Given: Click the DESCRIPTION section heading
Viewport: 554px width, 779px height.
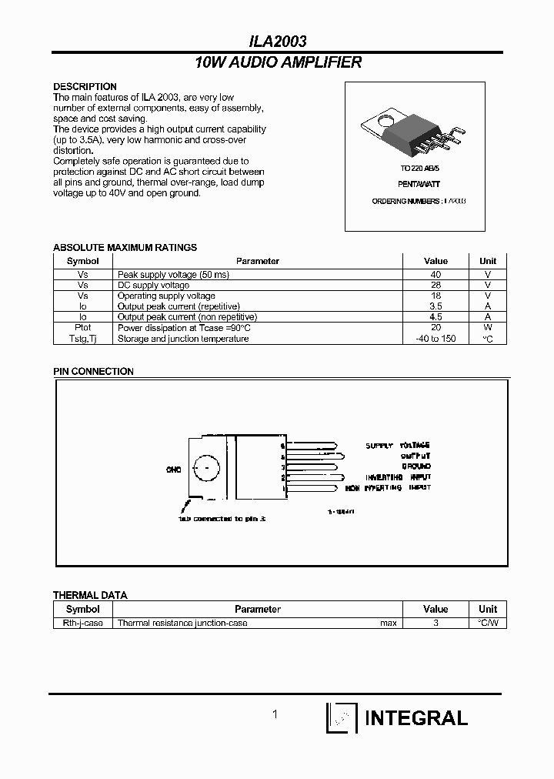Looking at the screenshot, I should pyautogui.click(x=85, y=87).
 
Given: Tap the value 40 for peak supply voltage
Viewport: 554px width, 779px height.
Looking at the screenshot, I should pyautogui.click(x=436, y=275).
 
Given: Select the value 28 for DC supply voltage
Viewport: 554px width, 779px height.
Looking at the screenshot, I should pyautogui.click(x=436, y=286).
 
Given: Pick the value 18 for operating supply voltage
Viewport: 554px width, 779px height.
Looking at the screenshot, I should pyautogui.click(x=436, y=296).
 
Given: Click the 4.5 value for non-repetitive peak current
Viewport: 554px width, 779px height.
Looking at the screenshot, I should pyautogui.click(x=436, y=317).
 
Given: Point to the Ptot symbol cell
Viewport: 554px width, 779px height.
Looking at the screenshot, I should pyautogui.click(x=83, y=328).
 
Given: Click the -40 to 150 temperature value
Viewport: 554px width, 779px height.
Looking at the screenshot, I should pyautogui.click(x=436, y=339).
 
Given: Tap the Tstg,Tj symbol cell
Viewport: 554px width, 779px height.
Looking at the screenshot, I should pyautogui.click(x=83, y=339).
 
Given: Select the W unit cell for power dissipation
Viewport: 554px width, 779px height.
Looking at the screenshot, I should pyautogui.click(x=488, y=328).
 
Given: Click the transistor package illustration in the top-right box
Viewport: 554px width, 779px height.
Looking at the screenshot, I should pyautogui.click(x=412, y=135).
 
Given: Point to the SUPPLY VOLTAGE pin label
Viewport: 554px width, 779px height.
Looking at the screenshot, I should pyautogui.click(x=398, y=446).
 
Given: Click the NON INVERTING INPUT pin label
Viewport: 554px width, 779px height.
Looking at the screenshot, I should pyautogui.click(x=388, y=488).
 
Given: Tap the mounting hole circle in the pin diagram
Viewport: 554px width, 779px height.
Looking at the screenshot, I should pyautogui.click(x=206, y=468).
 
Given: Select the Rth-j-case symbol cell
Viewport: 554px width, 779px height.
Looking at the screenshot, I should pyautogui.click(x=83, y=623).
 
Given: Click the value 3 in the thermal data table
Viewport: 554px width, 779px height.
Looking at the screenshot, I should pyautogui.click(x=436, y=623).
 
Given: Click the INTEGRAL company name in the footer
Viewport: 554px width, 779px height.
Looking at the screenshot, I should pyautogui.click(x=415, y=718).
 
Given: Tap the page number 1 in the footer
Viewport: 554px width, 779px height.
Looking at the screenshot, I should pyautogui.click(x=275, y=714).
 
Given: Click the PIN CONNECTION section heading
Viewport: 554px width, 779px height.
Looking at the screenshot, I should pyautogui.click(x=93, y=372).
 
